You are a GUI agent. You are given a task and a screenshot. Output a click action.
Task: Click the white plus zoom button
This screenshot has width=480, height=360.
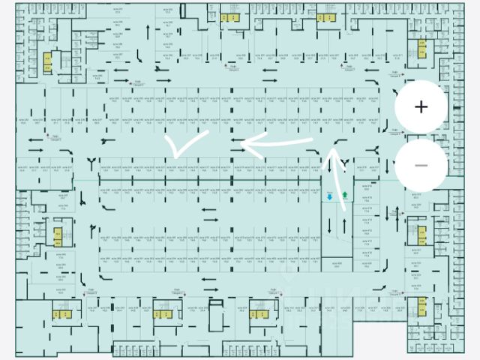(421, 106)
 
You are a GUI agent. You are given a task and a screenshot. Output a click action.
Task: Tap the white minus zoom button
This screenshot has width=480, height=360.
(421, 165)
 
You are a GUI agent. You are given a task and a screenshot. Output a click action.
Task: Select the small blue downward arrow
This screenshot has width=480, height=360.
(329, 196)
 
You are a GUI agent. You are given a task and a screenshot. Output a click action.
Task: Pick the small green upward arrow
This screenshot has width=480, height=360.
(345, 196)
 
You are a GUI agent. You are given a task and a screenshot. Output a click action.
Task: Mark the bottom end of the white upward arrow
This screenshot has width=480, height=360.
(344, 212)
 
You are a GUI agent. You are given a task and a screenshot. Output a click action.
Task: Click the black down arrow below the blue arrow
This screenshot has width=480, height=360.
(329, 224)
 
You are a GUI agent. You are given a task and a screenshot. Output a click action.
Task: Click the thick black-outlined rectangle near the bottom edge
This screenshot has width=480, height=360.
(217, 314)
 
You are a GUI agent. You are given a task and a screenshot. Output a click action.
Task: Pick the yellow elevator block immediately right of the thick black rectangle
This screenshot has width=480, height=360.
(259, 313)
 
